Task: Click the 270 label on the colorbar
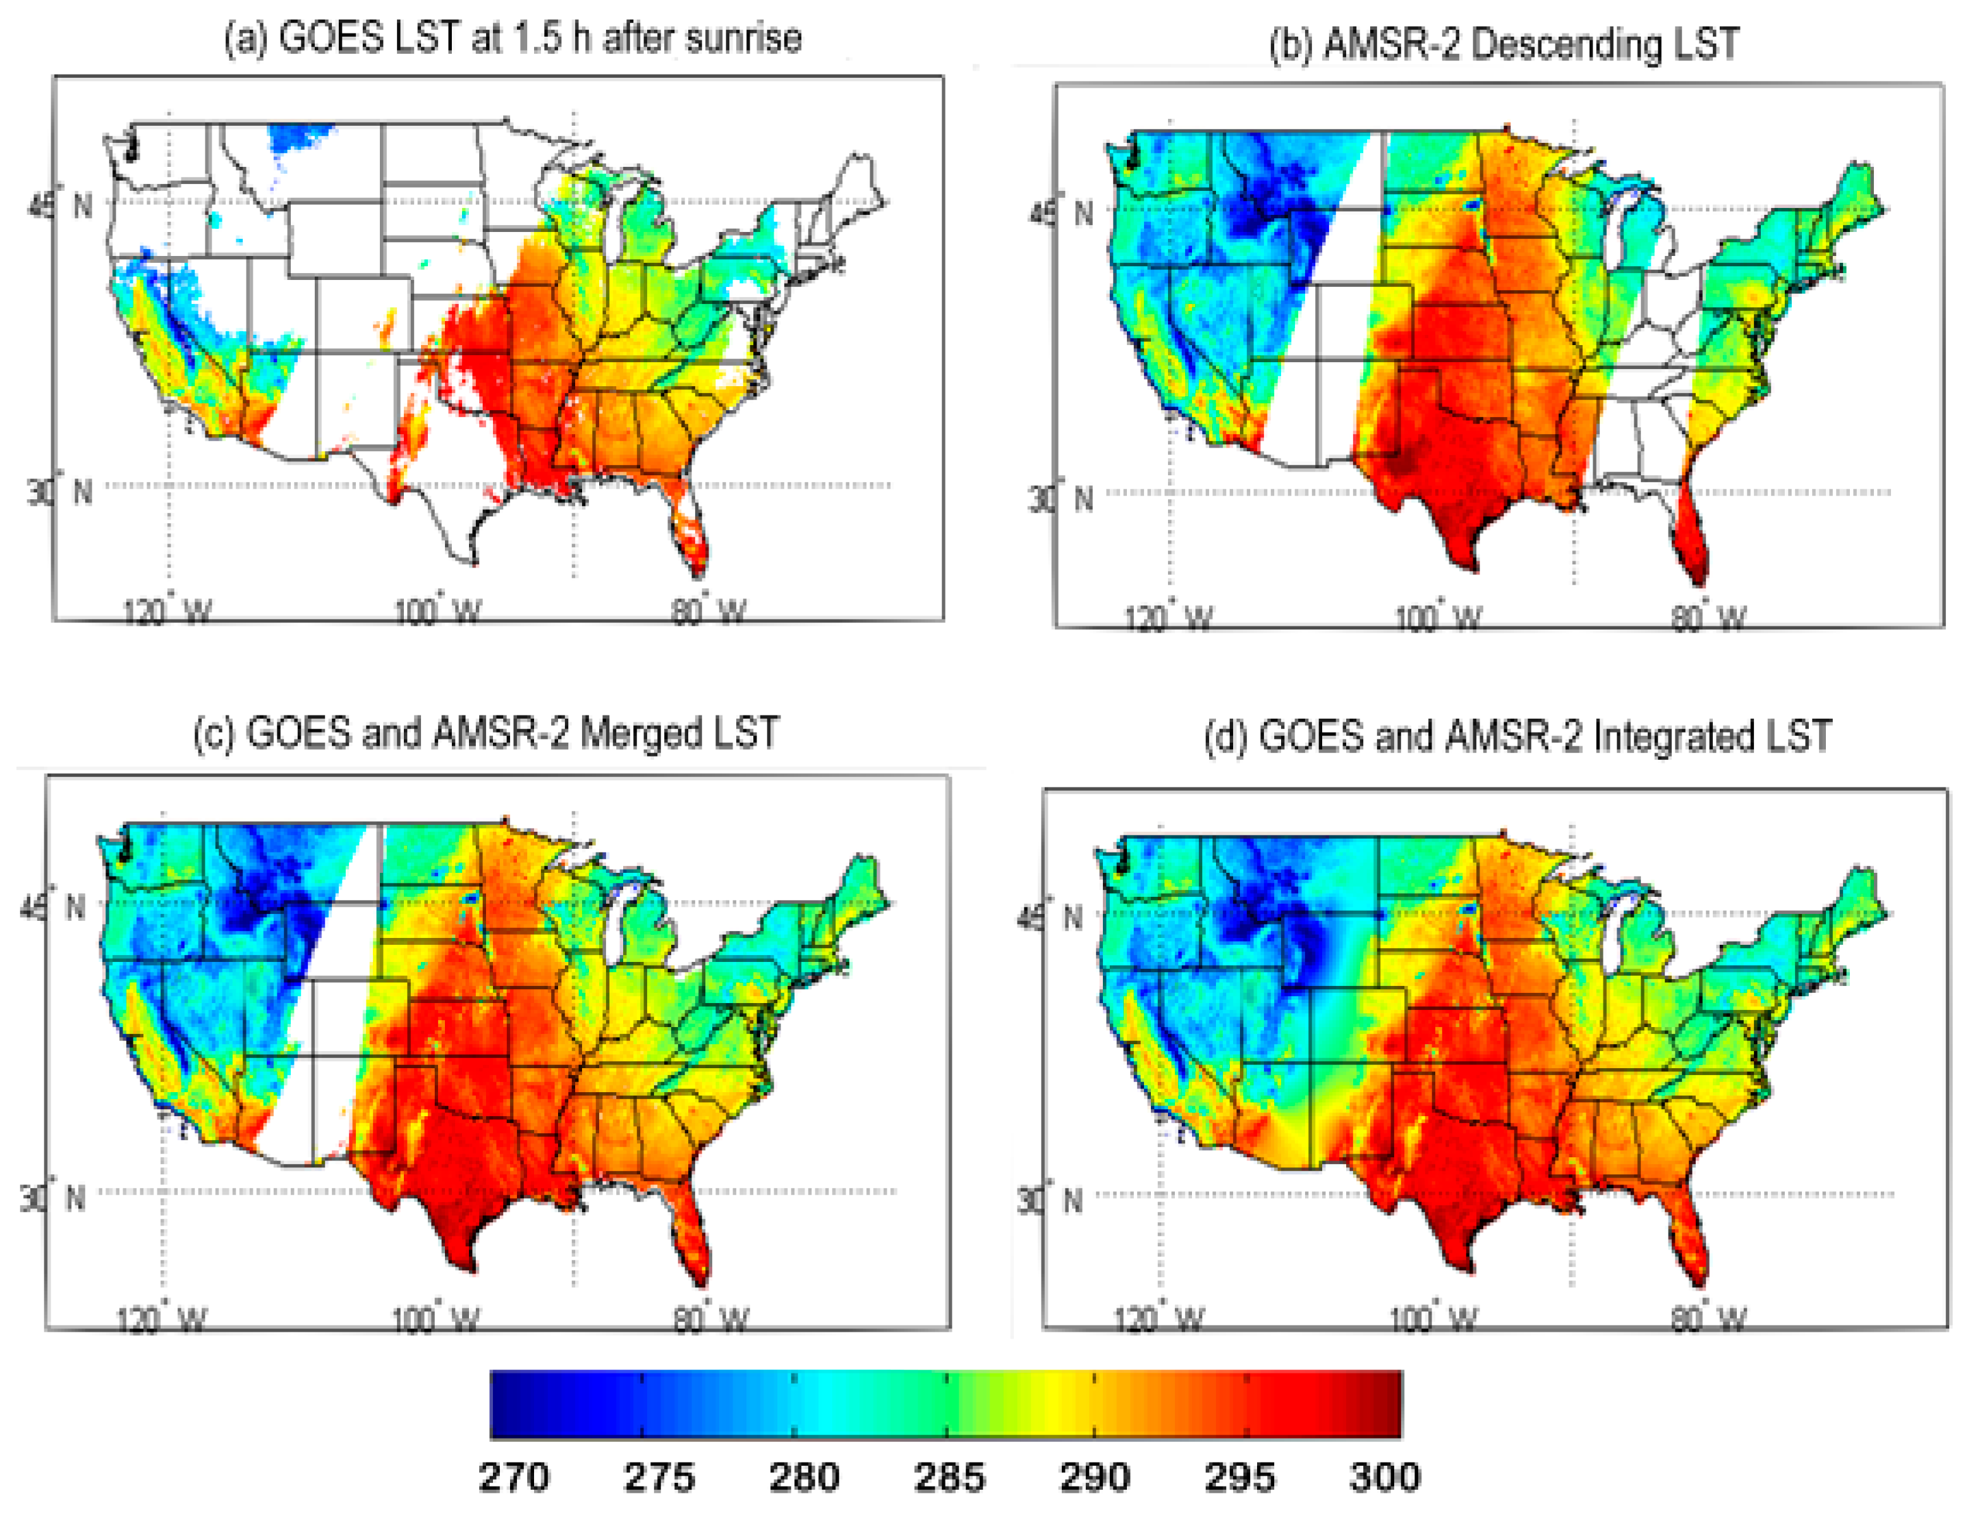coord(513,1477)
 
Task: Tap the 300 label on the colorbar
coord(1384,1477)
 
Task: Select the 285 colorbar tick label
coord(949,1477)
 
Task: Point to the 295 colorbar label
coord(1239,1477)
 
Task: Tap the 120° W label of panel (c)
coord(162,1320)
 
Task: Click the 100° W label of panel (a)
coord(437,612)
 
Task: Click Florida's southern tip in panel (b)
coord(1699,581)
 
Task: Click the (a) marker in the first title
coord(246,39)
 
